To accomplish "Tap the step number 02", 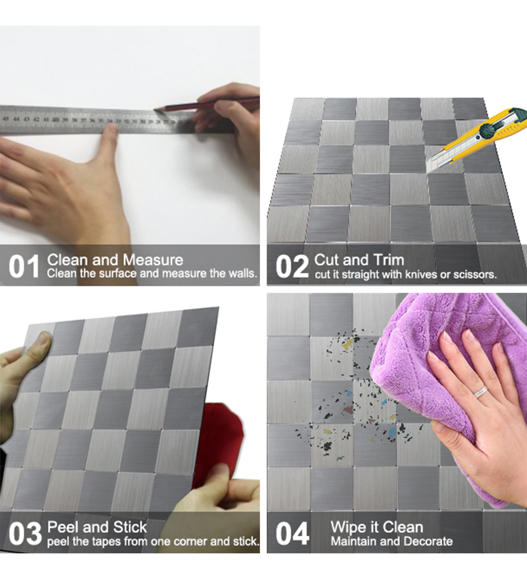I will pos(292,266).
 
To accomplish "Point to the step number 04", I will pos(292,534).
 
